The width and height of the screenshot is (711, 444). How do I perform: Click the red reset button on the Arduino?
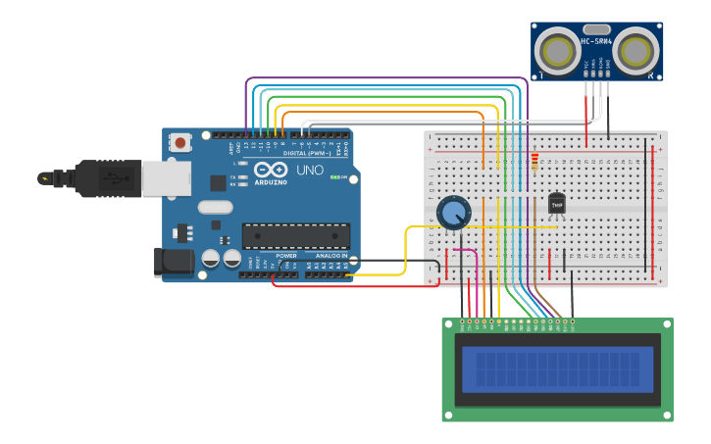tap(180, 142)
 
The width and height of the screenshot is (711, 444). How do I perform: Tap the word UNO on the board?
tap(310, 170)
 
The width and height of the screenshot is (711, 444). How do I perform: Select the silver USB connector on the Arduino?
tap(166, 178)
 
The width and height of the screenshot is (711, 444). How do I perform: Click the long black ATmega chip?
tap(295, 236)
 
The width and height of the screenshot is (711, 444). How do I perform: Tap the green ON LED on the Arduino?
tap(333, 177)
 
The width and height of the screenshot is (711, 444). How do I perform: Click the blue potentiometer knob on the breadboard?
tap(452, 211)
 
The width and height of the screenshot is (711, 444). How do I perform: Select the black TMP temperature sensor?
tap(556, 203)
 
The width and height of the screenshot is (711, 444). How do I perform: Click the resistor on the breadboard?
tap(533, 162)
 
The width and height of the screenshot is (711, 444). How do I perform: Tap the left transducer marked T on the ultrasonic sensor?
tap(559, 50)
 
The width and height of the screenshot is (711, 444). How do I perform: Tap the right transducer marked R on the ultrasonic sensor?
tap(635, 49)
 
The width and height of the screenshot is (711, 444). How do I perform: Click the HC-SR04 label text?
tap(596, 41)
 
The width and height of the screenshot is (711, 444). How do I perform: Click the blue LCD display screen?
tap(557, 369)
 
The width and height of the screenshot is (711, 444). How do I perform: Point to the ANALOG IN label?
tap(330, 256)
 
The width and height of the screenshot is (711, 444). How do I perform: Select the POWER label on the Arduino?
tap(286, 256)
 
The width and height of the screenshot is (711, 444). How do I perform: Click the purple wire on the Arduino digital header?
tap(246, 108)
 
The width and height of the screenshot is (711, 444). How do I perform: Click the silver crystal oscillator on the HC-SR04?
tap(596, 29)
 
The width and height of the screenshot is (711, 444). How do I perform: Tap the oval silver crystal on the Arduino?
tap(215, 207)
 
